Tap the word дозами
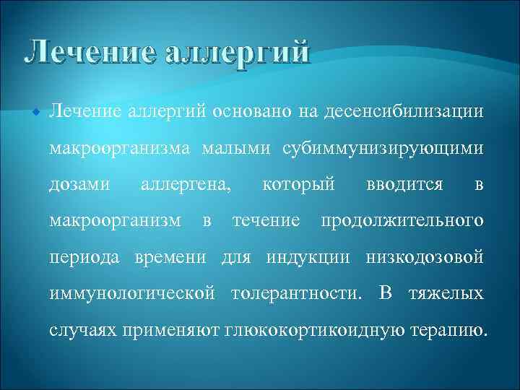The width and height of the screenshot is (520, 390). [79, 185]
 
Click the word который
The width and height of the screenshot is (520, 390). [299, 185]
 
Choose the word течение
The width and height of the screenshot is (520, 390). [266, 221]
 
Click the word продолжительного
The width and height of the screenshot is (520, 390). [402, 221]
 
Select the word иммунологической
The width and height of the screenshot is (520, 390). [131, 295]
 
